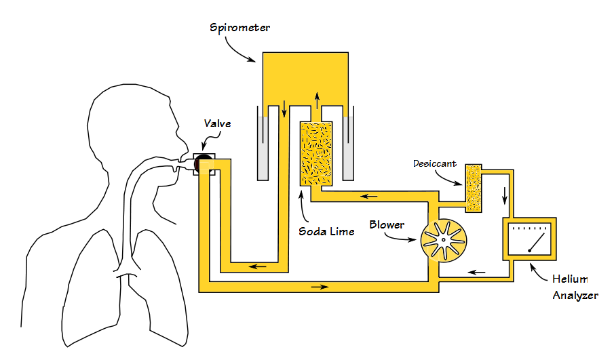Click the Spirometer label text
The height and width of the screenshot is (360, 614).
pyautogui.click(x=239, y=28)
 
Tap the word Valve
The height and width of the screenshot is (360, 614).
pyautogui.click(x=217, y=123)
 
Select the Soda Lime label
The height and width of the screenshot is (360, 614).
pyautogui.click(x=326, y=231)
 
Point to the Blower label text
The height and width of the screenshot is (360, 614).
pyautogui.click(x=387, y=224)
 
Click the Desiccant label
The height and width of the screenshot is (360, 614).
pyautogui.click(x=434, y=164)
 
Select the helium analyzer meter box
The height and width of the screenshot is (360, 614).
pyautogui.click(x=529, y=238)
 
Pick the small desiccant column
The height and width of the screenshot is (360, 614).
pyautogui.click(x=473, y=187)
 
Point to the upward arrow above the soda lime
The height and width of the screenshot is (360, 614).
pyautogui.click(x=317, y=102)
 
